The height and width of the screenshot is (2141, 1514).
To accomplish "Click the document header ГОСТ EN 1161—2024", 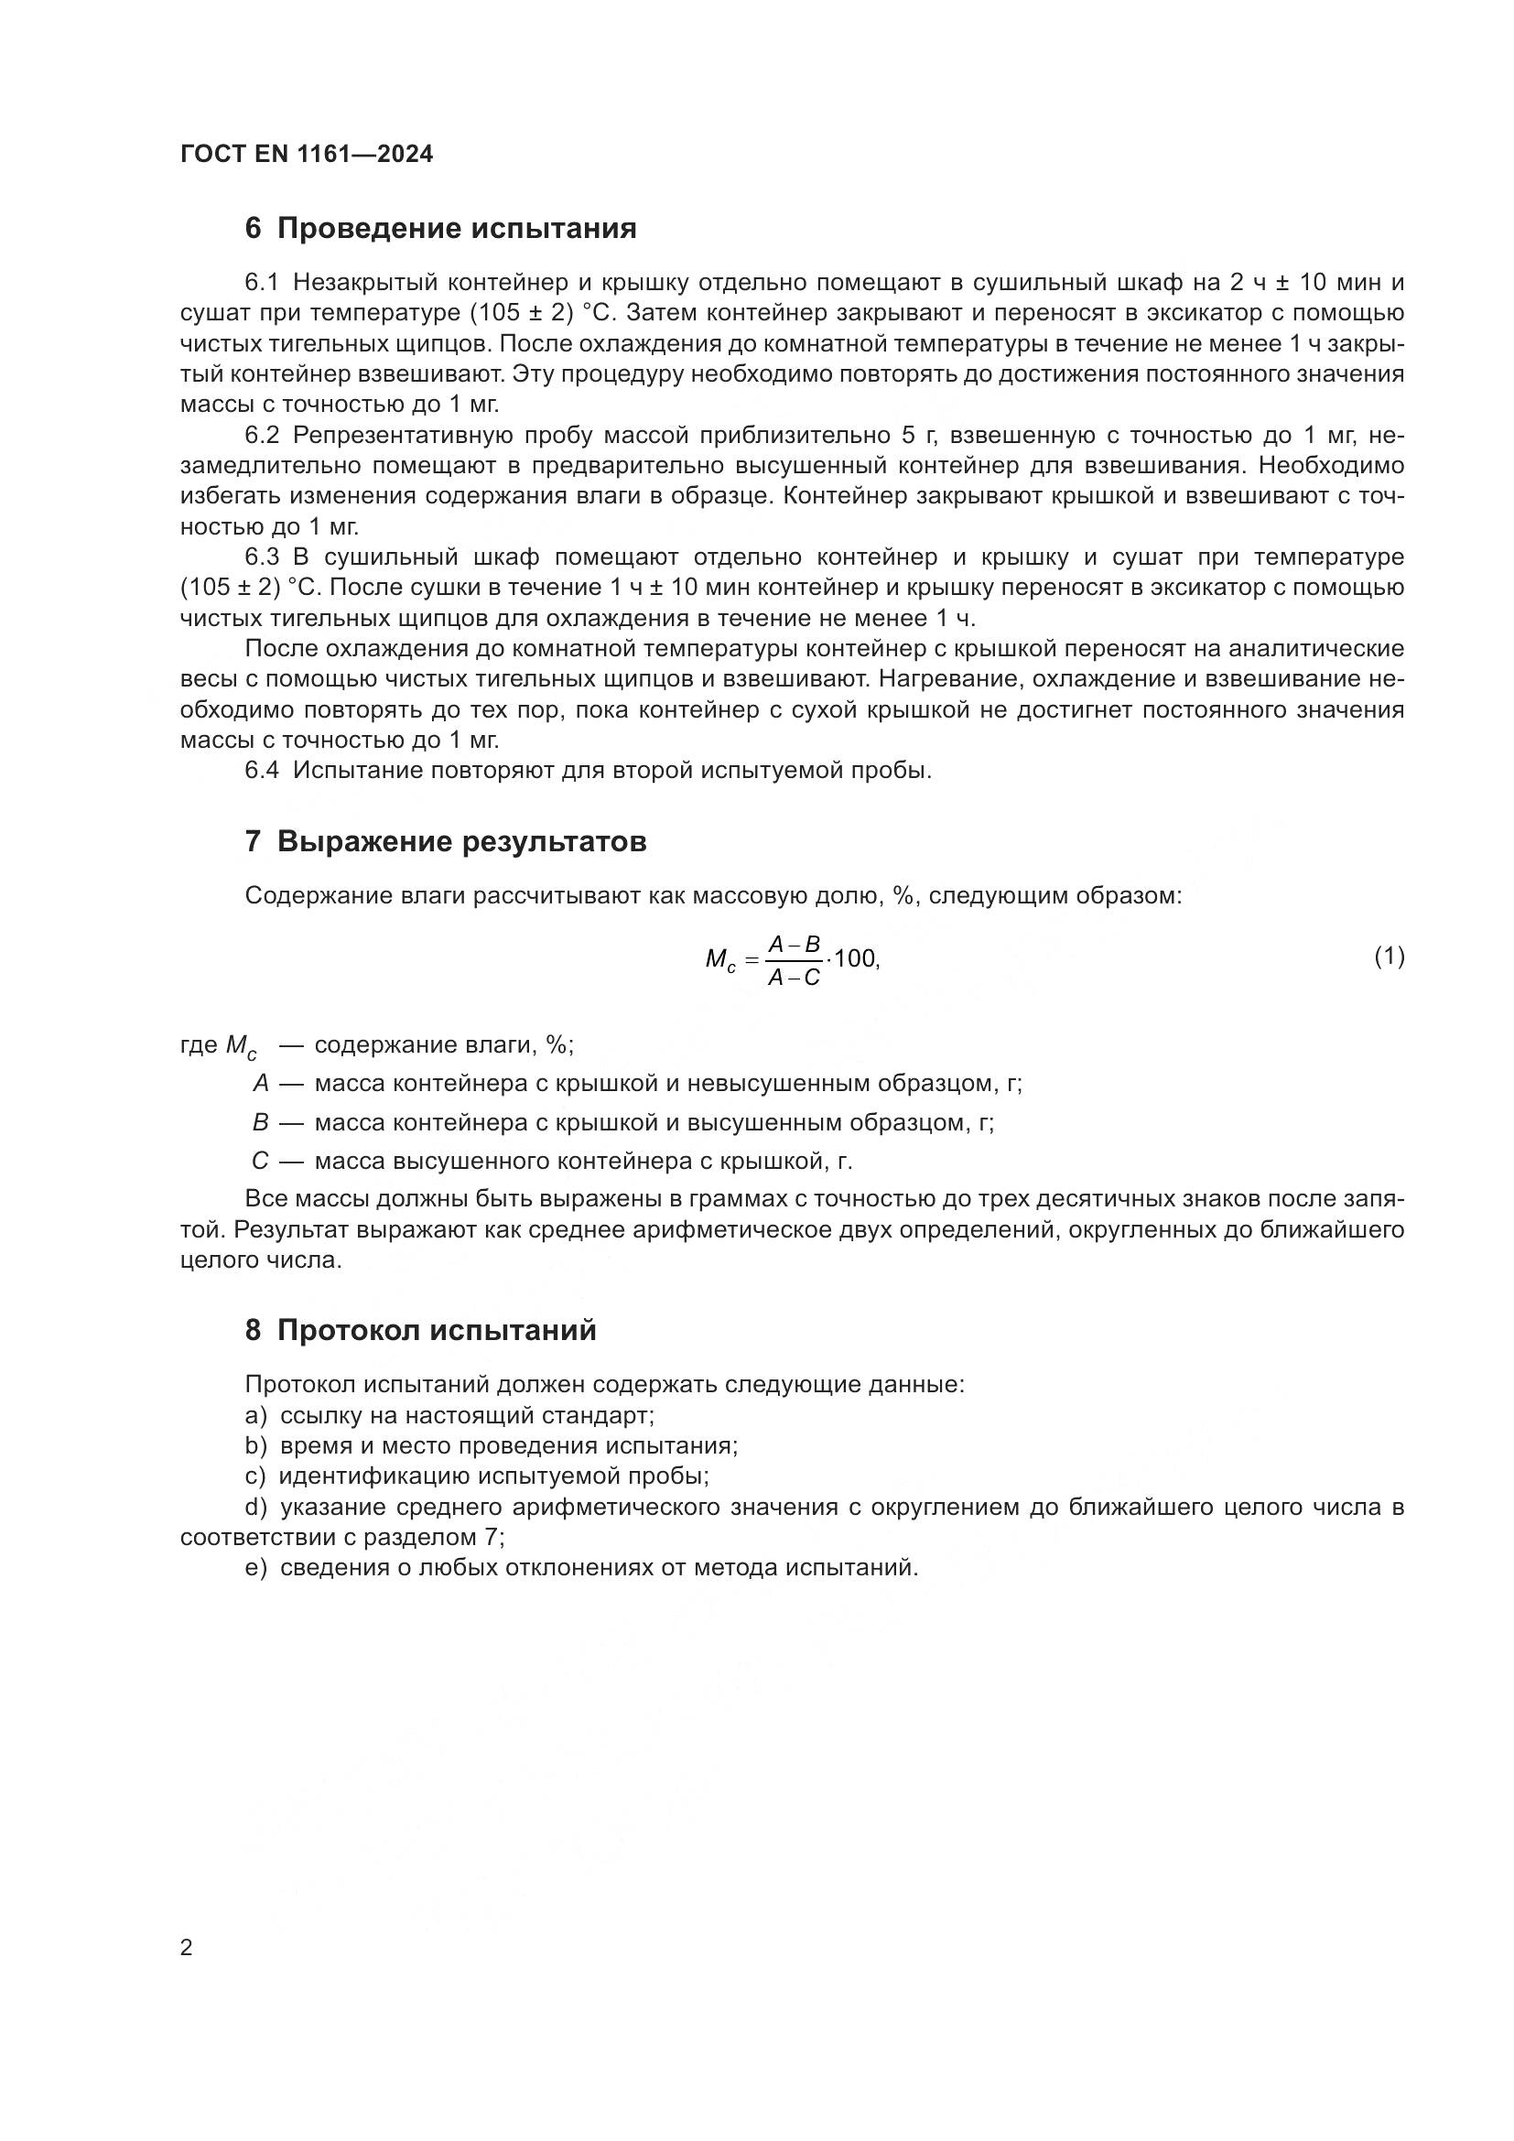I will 307,155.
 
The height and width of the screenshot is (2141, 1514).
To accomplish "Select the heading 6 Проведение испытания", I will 440,229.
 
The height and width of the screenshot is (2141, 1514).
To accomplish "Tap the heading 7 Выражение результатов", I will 446,842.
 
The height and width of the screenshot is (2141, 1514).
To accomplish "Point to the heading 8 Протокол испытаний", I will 420,1331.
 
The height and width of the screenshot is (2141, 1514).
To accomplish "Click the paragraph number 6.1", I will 262,283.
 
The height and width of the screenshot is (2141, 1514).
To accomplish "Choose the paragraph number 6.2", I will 262,436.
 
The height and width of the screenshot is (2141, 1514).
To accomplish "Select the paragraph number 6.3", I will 262,557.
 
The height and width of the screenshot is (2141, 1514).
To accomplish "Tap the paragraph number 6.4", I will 262,771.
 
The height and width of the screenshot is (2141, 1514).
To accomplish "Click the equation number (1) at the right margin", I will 1390,956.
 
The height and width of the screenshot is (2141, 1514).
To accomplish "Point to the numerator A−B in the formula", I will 794,945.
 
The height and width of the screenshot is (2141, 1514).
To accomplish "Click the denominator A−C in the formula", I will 794,978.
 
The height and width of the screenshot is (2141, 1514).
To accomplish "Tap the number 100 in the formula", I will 855,957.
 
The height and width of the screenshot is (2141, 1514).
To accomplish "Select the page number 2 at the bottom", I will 187,1948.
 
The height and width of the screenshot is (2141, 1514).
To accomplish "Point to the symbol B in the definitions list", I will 260,1123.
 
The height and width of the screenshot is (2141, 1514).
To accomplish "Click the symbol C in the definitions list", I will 260,1162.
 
